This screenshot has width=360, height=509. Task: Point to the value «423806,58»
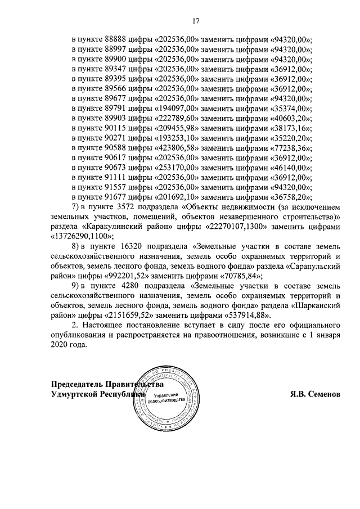click(175, 147)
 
